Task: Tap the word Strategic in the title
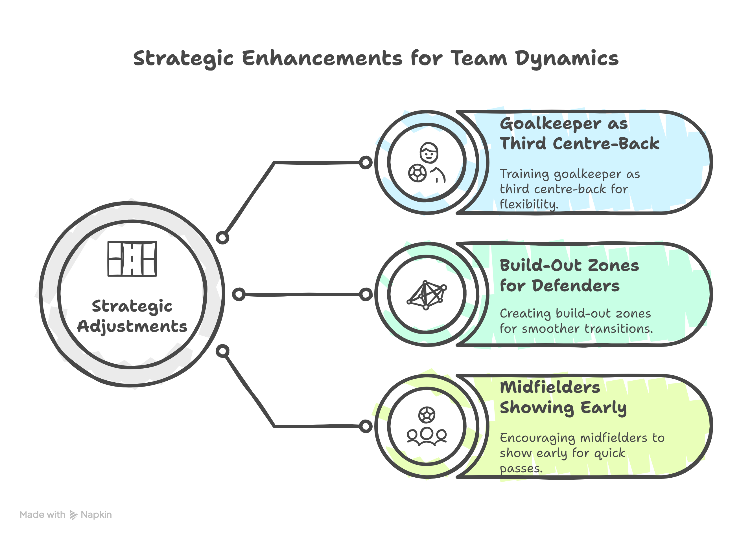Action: [183, 59]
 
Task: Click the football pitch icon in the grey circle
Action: [132, 259]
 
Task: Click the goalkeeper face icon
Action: [429, 153]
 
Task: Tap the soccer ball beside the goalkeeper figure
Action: [417, 173]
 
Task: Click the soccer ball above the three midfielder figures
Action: [427, 414]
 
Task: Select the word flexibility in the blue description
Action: [529, 204]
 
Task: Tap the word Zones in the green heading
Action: [613, 265]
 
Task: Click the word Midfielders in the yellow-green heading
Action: [550, 387]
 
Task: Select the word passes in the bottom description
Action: [521, 468]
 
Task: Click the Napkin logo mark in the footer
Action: [73, 515]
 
